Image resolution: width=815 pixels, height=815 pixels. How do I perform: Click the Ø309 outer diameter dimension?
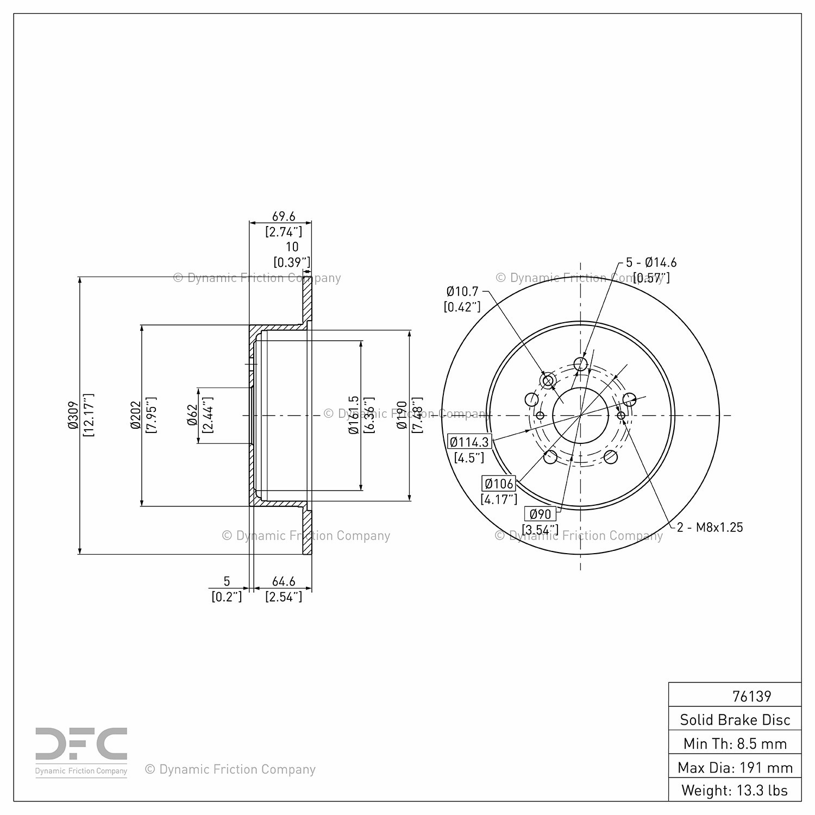(x=73, y=415)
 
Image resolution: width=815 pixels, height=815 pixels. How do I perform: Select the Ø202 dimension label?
(x=136, y=415)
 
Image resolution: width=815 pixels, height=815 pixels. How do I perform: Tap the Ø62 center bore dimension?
(x=192, y=415)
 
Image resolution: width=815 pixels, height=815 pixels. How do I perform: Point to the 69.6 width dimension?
(x=284, y=217)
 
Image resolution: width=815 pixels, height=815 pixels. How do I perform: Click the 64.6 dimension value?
(x=284, y=582)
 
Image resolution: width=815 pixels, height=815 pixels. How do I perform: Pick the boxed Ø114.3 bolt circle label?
(x=469, y=442)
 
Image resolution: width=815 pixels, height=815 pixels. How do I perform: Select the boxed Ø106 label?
(x=499, y=484)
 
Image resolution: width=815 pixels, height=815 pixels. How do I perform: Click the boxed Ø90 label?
(x=540, y=514)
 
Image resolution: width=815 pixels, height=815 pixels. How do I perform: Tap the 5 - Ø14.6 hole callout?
(x=651, y=262)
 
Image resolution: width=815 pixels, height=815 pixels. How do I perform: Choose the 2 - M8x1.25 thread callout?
(x=710, y=527)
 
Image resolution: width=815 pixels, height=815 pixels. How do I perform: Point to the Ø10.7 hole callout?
(x=462, y=292)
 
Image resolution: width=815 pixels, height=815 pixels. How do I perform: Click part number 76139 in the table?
(x=751, y=696)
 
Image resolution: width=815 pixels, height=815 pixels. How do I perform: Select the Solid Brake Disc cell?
(x=735, y=720)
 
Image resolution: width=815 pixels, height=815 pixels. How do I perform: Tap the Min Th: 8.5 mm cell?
(x=735, y=744)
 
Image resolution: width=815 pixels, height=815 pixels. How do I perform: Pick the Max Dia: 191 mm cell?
(x=735, y=768)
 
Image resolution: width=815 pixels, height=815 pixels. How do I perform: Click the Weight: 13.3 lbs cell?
(x=735, y=791)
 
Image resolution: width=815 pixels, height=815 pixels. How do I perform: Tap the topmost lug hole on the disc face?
(x=581, y=363)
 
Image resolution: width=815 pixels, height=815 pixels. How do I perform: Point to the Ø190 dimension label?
(x=402, y=415)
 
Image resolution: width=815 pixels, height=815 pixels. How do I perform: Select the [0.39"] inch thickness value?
(x=292, y=262)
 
